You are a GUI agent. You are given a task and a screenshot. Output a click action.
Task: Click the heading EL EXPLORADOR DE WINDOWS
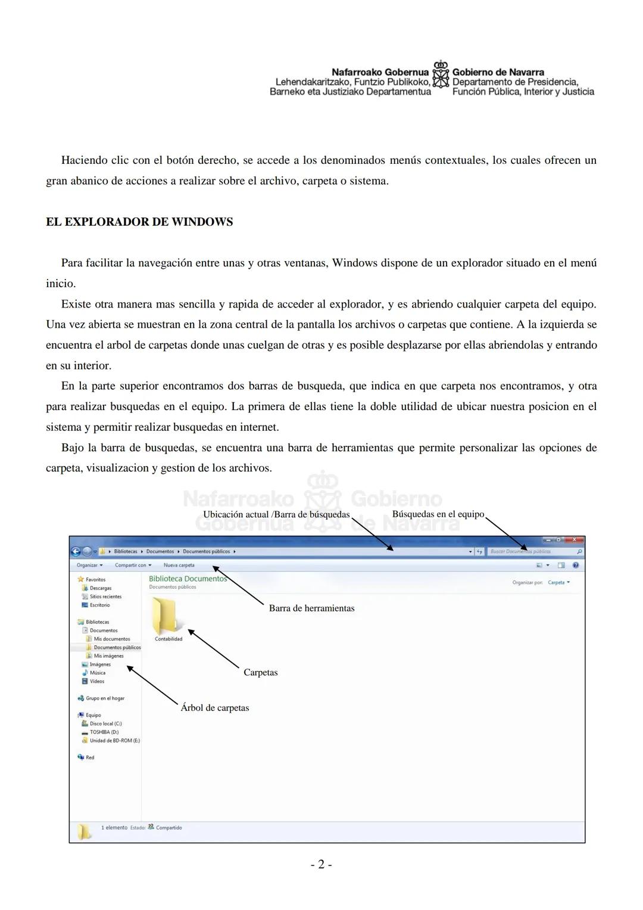pos(139,222)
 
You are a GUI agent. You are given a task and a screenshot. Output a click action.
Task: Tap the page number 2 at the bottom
pos(321,864)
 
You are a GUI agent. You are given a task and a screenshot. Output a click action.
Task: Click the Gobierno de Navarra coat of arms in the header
pos(441,77)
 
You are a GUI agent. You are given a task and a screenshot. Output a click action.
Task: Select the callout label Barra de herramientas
pos(311,608)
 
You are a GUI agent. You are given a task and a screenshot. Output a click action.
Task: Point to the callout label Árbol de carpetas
pos(215,708)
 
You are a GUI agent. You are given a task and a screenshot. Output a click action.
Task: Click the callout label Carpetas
pos(261,672)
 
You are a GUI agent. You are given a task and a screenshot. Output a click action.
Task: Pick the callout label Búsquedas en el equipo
pos(438,514)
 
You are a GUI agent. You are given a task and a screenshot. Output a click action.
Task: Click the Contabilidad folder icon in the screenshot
pos(165,616)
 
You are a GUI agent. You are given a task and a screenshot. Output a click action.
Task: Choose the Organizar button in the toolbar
pos(89,565)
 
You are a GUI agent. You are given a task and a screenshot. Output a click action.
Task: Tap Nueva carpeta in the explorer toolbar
pos(179,565)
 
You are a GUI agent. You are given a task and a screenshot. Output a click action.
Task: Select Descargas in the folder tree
pos(101,588)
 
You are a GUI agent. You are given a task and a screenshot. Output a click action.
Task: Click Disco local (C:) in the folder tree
pos(105,723)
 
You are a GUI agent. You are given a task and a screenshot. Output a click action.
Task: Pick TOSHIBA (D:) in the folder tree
pos(104,732)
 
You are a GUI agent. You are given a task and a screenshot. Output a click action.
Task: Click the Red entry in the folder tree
pos(90,757)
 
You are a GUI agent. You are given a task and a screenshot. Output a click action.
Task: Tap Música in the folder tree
pos(98,673)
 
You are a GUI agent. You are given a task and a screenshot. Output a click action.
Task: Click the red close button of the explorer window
pos(574,540)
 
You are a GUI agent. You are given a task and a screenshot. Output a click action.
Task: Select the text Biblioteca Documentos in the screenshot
pos(188,579)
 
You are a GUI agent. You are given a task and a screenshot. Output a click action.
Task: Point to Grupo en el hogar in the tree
pos(105,698)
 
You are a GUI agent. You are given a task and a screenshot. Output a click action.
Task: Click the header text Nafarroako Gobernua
pos(380,72)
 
